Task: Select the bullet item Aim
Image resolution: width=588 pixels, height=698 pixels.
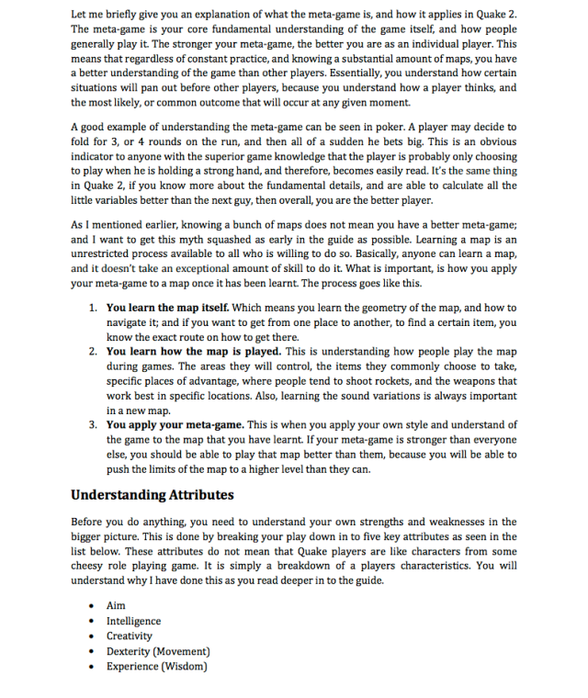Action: [116, 606]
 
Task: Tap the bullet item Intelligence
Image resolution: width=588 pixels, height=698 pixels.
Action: [133, 622]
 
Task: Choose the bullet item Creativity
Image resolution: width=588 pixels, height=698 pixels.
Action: [130, 636]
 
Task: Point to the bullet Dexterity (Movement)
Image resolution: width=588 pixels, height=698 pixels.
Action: [154, 651]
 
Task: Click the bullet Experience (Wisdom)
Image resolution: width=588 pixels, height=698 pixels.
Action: [156, 666]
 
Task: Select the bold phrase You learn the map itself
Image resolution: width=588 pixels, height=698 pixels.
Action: [169, 308]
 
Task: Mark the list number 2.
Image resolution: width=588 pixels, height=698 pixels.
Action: [94, 352]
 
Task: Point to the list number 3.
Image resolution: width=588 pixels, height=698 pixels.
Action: [94, 425]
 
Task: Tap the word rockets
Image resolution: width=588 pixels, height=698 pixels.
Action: [463, 381]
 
